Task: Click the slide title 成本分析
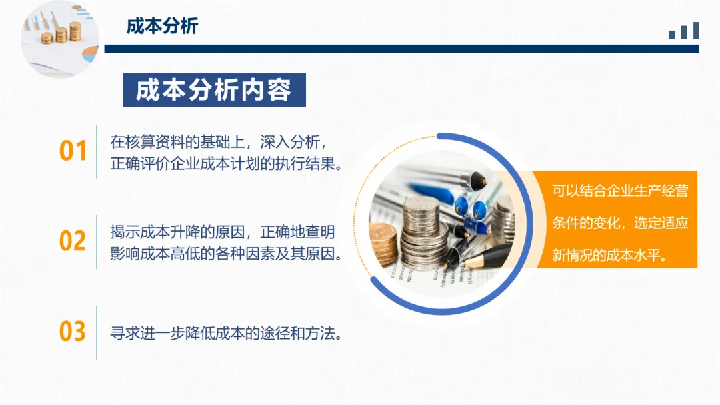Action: (x=162, y=26)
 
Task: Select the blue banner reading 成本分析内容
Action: (x=215, y=89)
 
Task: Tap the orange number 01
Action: (x=73, y=151)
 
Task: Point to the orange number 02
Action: (x=73, y=241)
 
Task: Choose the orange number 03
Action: (x=73, y=332)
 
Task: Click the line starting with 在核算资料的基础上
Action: (x=219, y=142)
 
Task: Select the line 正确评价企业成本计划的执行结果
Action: (x=227, y=163)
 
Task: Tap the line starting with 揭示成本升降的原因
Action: (x=223, y=232)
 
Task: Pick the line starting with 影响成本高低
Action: (x=227, y=254)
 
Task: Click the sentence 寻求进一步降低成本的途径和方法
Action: (x=227, y=334)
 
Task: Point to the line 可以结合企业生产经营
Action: (x=620, y=191)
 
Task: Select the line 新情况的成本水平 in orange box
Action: (x=609, y=255)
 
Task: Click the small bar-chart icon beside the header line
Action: (x=684, y=30)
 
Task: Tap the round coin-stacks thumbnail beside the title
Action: (x=60, y=39)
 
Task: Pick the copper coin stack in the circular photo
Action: (x=383, y=244)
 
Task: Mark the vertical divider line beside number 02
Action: (x=97, y=242)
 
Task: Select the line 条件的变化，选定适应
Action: (x=620, y=223)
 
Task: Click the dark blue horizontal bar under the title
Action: (x=402, y=49)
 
